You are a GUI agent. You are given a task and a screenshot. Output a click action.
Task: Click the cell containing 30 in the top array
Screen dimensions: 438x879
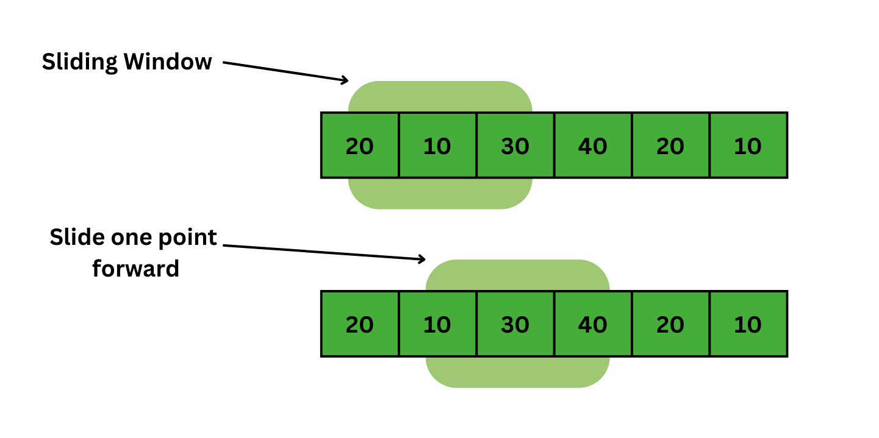pyautogui.click(x=515, y=146)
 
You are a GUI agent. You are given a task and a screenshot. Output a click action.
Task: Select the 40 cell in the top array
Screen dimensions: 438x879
pyautogui.click(x=592, y=146)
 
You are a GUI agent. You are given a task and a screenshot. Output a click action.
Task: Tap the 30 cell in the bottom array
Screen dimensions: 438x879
pyautogui.click(x=515, y=324)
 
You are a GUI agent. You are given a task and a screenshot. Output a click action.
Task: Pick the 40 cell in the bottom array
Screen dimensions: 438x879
pyautogui.click(x=592, y=324)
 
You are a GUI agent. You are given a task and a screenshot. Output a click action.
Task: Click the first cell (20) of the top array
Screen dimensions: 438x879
pyautogui.click(x=360, y=146)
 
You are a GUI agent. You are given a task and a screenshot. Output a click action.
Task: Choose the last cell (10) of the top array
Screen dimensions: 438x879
pyautogui.click(x=748, y=146)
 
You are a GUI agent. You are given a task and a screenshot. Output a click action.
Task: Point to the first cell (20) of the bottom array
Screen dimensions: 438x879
pyautogui.click(x=360, y=324)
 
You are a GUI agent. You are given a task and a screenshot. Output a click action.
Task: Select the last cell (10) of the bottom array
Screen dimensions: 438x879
pyautogui.click(x=748, y=324)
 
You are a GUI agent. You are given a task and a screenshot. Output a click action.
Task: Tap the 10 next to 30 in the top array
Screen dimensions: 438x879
pyautogui.click(x=437, y=146)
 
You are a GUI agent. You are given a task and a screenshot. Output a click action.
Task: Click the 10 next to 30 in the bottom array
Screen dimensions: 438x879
pyautogui.click(x=437, y=324)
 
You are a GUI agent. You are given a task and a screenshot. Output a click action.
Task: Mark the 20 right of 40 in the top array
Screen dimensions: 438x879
pyautogui.click(x=670, y=146)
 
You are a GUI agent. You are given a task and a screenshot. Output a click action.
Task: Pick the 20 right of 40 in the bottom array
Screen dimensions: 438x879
pyautogui.click(x=670, y=324)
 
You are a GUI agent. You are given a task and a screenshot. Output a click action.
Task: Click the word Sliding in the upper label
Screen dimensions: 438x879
pyautogui.click(x=79, y=62)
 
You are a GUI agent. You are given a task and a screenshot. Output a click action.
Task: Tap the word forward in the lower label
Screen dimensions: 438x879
pyautogui.click(x=135, y=268)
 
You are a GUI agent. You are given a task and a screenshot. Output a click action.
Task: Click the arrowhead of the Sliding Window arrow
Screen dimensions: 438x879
pyautogui.click(x=345, y=80)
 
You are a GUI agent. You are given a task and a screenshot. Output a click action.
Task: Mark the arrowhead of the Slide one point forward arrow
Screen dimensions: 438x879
pyautogui.click(x=422, y=259)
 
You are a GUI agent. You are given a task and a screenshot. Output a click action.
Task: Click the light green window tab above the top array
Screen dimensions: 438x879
pyautogui.click(x=440, y=97)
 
